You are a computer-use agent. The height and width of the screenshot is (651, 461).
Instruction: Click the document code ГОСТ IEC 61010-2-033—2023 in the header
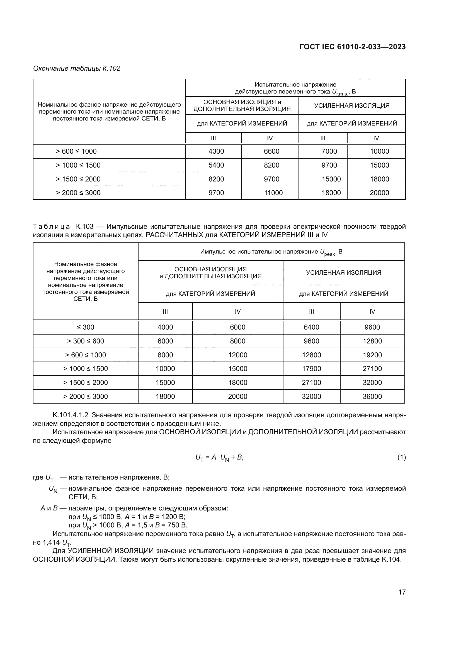coord(352,47)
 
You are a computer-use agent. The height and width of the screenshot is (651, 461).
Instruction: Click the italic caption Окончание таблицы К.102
coord(77,68)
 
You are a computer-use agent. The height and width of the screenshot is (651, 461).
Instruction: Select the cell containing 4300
coord(216,151)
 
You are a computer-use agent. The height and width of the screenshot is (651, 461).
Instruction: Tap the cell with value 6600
coord(271,151)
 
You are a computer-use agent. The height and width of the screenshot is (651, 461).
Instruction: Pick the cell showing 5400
coord(216,165)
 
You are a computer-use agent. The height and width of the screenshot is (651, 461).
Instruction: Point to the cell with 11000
coord(273,193)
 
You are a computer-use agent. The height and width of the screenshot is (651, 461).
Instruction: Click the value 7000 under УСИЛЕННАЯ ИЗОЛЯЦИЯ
coord(329,151)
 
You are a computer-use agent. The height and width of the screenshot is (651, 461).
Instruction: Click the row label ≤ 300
coord(86,327)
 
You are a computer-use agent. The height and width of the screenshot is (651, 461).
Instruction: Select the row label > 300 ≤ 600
coord(86,341)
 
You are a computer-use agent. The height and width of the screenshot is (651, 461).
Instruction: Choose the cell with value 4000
coord(165,327)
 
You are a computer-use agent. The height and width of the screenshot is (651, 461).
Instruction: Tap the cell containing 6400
coord(311,327)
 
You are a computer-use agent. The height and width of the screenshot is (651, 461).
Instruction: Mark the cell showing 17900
coord(311,369)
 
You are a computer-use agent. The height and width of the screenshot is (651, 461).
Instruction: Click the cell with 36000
coord(372,396)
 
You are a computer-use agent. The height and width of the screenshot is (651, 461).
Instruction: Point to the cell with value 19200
coord(372,355)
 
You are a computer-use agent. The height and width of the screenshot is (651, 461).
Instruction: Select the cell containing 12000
coord(237,355)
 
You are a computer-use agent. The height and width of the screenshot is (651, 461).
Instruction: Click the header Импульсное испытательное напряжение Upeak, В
coord(271,252)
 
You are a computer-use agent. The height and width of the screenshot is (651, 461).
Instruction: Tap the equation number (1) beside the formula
coord(401,457)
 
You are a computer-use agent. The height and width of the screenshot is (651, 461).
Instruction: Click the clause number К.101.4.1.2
coord(71,415)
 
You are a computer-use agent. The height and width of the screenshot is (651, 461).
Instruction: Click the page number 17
coord(402,592)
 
